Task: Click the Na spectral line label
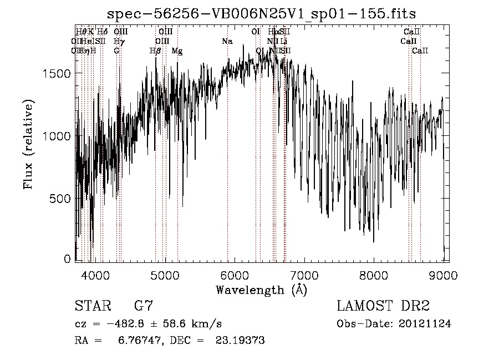(x=227, y=42)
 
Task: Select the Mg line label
(x=177, y=51)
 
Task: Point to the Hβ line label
(x=155, y=51)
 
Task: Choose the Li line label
(x=283, y=42)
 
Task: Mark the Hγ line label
(x=118, y=42)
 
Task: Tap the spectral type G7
(x=144, y=306)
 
